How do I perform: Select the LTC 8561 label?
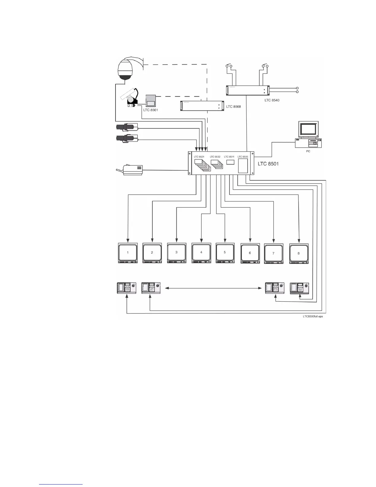151,110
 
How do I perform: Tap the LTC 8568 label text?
233,107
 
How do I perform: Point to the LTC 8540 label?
272,100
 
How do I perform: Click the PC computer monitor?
308,129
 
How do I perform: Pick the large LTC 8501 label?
268,164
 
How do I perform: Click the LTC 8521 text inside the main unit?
199,157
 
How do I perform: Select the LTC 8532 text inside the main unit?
215,157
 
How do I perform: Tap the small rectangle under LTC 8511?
230,162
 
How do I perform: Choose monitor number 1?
128,253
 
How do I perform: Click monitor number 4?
201,253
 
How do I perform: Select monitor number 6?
250,253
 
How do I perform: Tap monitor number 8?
299,253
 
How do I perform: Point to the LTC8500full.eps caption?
313,316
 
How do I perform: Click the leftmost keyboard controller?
127,288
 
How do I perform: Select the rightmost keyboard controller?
299,288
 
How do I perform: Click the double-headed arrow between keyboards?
213,288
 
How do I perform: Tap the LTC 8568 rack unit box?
202,106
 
